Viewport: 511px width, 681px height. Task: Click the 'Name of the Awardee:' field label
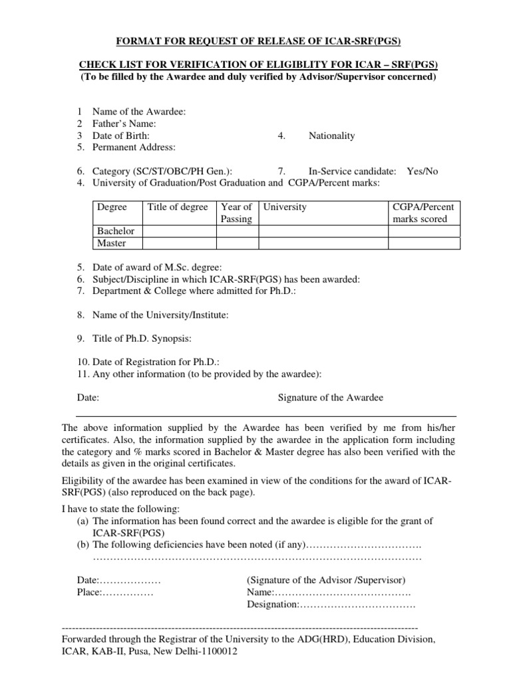click(138, 112)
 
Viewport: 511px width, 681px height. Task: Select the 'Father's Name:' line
click(124, 124)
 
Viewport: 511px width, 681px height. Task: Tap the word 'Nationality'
click(331, 136)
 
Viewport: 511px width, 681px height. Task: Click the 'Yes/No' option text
click(423, 171)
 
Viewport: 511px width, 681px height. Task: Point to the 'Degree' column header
click(112, 207)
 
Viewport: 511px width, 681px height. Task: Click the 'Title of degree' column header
click(178, 207)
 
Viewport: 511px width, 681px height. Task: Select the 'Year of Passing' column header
click(236, 213)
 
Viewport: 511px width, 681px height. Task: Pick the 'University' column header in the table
click(285, 207)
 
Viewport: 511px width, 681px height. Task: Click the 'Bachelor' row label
click(116, 231)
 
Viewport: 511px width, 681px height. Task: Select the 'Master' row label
click(112, 243)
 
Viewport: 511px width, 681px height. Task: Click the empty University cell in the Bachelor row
click(323, 231)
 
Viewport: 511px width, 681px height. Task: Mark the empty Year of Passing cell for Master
click(236, 243)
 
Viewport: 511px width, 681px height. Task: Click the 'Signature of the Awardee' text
click(330, 398)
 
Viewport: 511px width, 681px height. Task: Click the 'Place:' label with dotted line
click(90, 592)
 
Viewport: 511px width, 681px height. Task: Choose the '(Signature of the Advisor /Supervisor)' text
click(326, 580)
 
